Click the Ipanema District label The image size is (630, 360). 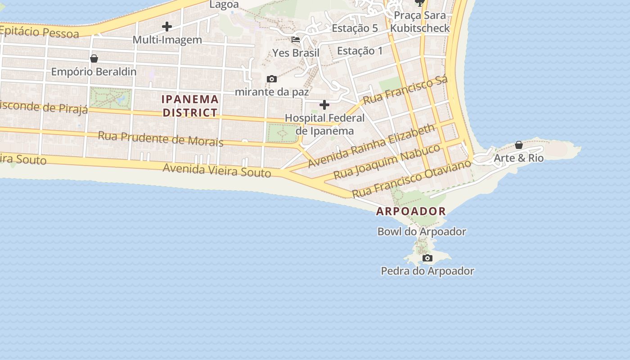[190, 106]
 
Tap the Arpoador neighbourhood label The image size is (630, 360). [411, 211]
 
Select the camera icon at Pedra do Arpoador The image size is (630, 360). [427, 258]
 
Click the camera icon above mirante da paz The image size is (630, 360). [271, 79]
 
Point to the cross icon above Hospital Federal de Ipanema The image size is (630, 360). [324, 105]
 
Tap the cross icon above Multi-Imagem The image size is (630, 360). [167, 27]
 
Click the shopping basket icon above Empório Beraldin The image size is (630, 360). [94, 58]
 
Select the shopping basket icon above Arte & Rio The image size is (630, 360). [519, 145]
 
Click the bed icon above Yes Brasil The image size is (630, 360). [296, 40]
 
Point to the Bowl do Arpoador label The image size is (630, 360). [422, 232]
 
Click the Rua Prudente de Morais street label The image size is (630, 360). [161, 139]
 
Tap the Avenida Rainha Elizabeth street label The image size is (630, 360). [372, 146]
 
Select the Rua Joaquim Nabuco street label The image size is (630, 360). [387, 162]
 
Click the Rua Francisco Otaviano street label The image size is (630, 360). [411, 178]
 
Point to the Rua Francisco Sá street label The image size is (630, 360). [405, 90]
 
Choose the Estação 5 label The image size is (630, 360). [355, 28]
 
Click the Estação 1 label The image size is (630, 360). [360, 51]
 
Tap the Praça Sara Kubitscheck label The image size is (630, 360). [419, 22]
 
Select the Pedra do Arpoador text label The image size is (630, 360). [427, 271]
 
